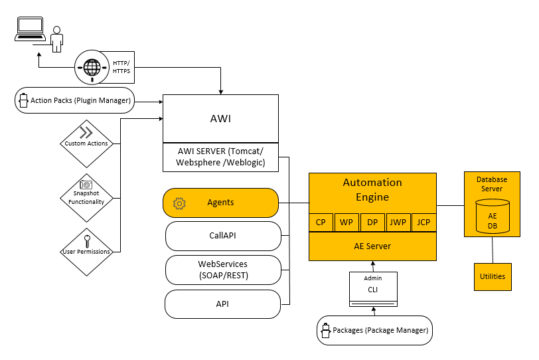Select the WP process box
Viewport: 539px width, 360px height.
click(346, 223)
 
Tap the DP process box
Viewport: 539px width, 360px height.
click(372, 223)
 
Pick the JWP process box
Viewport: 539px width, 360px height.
click(398, 223)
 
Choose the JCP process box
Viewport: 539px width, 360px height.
click(424, 223)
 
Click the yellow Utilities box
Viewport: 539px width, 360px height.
click(493, 276)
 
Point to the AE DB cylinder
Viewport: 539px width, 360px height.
click(493, 217)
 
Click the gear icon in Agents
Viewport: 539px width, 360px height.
click(179, 203)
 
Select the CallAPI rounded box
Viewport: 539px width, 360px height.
click(223, 235)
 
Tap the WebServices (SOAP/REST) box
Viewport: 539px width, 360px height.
click(223, 270)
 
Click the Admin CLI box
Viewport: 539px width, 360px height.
click(373, 288)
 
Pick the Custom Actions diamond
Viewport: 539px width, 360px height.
click(86, 143)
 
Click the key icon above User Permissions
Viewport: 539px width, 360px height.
click(86, 239)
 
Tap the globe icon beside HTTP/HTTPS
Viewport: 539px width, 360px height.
click(92, 66)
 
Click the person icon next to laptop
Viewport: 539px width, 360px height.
click(57, 39)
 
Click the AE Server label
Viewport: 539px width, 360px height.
click(372, 246)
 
